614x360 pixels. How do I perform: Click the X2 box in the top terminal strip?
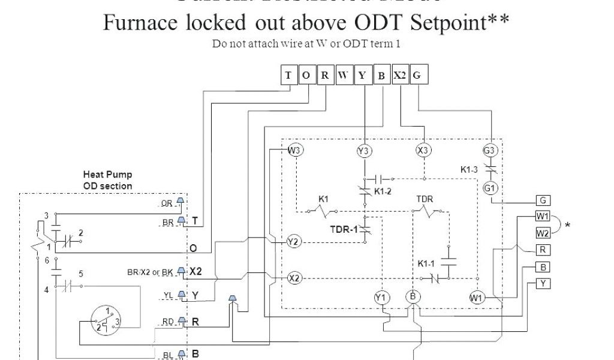tap(400, 76)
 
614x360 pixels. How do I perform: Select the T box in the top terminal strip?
tap(289, 76)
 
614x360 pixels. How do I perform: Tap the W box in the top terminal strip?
tap(344, 76)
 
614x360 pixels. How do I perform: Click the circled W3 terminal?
tap(294, 149)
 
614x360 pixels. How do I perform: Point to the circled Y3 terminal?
tap(363, 151)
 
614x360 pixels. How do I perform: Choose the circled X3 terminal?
tap(423, 150)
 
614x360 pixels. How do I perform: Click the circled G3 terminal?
tap(490, 150)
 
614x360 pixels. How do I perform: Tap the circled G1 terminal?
tap(490, 188)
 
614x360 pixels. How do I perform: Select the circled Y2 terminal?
tap(293, 242)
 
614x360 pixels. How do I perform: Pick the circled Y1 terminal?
tap(381, 297)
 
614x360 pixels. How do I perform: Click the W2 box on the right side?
tap(542, 232)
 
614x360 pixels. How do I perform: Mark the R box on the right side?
tap(542, 250)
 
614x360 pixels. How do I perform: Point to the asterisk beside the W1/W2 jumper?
tap(567, 226)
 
